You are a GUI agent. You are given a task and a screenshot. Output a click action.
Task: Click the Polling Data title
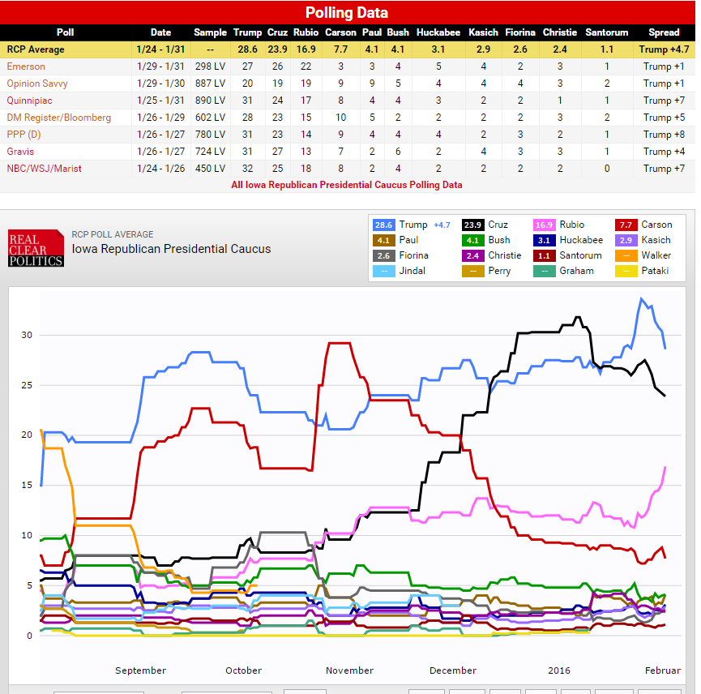[x=346, y=12]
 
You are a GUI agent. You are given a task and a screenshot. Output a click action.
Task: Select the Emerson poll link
[x=26, y=66]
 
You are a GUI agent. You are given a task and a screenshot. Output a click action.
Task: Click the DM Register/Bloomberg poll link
[x=59, y=118]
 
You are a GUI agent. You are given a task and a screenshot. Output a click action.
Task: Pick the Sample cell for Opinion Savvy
[x=210, y=84]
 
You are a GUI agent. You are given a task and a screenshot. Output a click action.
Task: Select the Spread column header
[x=664, y=32]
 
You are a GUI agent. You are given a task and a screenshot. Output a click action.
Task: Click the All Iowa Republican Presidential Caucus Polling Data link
[x=347, y=185]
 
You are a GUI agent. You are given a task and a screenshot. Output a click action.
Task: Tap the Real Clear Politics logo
[x=36, y=248]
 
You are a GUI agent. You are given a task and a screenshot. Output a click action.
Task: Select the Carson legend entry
[x=656, y=225]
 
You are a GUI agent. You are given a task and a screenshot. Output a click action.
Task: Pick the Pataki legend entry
[x=655, y=271]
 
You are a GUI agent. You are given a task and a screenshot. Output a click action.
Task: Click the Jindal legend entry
[x=412, y=271]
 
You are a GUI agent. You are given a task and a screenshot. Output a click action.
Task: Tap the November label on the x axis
[x=349, y=670]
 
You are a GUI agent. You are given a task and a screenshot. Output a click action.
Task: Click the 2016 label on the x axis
[x=559, y=670]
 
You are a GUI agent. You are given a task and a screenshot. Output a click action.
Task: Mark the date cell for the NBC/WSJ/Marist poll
[x=161, y=169]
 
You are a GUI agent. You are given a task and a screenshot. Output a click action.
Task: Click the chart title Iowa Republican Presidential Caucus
[x=171, y=248]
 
